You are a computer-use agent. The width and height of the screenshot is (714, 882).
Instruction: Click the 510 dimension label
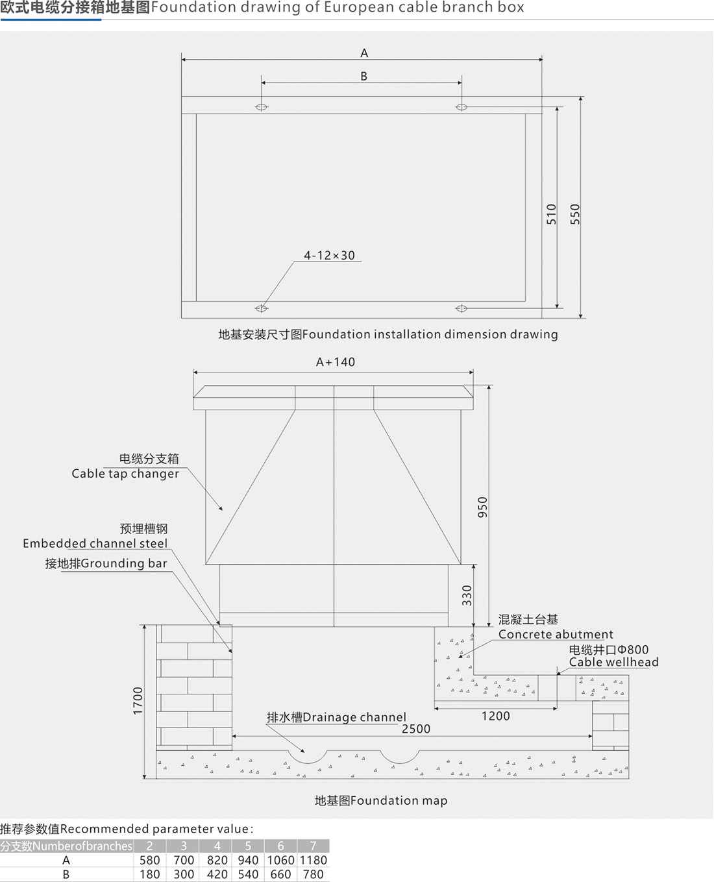[551, 214]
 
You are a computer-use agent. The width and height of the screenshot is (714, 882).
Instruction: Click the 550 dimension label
[574, 214]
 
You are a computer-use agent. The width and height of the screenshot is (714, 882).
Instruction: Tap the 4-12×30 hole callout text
[330, 256]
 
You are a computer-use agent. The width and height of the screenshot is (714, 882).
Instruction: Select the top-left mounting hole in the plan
[262, 107]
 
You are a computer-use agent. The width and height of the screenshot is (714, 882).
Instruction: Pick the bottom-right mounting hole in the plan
[462, 308]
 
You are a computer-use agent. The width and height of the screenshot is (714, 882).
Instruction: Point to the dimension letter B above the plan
[363, 77]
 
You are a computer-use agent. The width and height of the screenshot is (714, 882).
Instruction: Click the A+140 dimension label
[336, 362]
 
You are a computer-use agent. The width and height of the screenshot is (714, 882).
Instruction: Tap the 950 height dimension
[482, 507]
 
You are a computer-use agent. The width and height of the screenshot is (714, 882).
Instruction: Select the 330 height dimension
[467, 595]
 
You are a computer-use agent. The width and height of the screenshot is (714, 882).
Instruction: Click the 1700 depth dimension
[138, 701]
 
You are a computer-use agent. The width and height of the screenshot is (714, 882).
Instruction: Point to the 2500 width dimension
[416, 729]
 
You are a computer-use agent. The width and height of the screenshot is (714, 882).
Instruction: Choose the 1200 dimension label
[496, 716]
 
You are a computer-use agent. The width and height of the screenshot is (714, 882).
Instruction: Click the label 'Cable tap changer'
[125, 474]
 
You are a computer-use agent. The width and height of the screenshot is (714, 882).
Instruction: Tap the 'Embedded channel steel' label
[95, 544]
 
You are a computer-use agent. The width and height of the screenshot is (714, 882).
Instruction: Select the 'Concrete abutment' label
[556, 634]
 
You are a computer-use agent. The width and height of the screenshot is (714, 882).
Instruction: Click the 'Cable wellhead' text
[613, 662]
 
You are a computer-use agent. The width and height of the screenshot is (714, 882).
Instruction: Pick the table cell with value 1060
[280, 860]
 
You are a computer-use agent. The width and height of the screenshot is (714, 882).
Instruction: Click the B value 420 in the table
[217, 874]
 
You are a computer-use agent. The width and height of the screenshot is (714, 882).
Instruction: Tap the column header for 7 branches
[314, 846]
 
